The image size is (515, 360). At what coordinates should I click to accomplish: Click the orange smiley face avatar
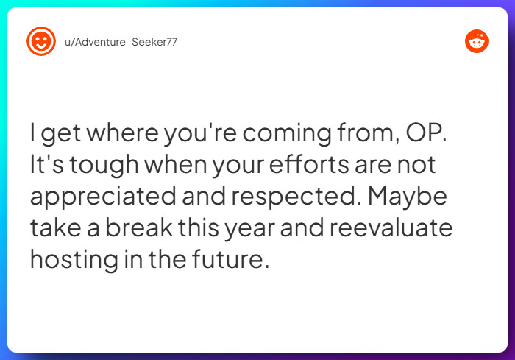[41, 41]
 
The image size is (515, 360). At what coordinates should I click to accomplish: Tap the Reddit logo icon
[477, 41]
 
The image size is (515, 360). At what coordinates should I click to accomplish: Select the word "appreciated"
[104, 197]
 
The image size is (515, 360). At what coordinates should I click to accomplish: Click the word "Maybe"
[419, 196]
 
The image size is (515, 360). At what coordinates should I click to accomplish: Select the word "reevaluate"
[390, 227]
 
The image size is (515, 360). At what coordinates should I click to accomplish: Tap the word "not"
[417, 165]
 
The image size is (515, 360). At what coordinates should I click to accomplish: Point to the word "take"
[54, 227]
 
